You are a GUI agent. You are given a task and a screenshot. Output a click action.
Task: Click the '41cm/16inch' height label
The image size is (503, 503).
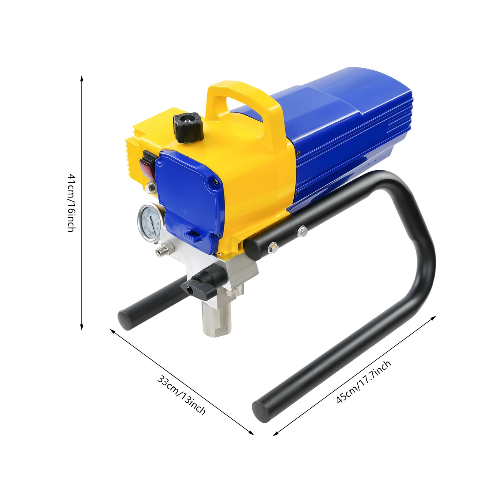click(x=71, y=202)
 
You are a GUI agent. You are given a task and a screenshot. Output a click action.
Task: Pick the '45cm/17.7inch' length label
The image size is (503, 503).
click(x=364, y=382)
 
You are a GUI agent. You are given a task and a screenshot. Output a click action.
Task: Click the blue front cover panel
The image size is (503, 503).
click(x=189, y=195)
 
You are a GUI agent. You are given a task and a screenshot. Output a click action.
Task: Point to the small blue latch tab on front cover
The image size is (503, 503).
click(x=192, y=234)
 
